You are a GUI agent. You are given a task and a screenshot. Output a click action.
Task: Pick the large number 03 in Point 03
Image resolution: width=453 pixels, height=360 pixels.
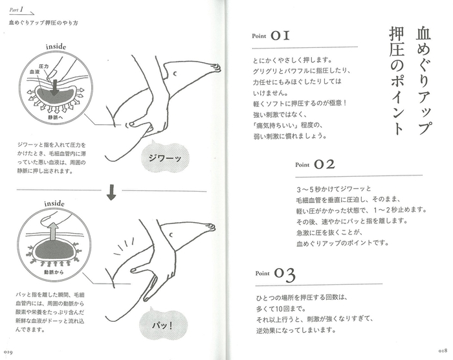[x=284, y=274]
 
